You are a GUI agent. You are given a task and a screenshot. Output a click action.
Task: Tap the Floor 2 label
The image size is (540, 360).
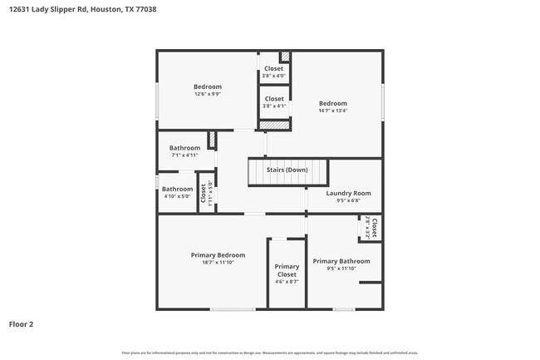pyautogui.click(x=21, y=324)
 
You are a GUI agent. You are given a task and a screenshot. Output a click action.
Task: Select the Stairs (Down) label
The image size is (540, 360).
pyautogui.click(x=287, y=170)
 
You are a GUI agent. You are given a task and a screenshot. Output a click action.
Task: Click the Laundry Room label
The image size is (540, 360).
pyautogui.click(x=348, y=193)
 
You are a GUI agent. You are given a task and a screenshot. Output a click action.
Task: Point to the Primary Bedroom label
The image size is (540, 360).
pyautogui.click(x=218, y=255)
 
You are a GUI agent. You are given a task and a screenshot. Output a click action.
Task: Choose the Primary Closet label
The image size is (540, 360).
pyautogui.click(x=287, y=270)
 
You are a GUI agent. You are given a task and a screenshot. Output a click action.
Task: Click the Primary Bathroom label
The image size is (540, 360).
pyautogui.click(x=341, y=261)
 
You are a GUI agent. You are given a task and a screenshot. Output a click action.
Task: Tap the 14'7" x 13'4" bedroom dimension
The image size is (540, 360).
pyautogui.click(x=333, y=111)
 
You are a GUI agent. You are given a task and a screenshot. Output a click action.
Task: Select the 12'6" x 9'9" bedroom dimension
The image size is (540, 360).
pyautogui.click(x=208, y=94)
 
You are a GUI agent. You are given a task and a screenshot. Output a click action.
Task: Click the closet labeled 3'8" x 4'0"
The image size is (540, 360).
pyautogui.click(x=273, y=72)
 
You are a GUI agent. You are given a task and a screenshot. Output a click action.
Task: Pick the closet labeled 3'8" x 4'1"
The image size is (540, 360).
pyautogui.click(x=273, y=102)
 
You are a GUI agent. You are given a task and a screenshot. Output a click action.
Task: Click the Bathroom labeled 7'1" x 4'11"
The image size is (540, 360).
pyautogui.click(x=185, y=151)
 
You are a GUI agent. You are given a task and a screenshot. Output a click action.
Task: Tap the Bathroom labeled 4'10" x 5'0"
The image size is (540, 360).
pyautogui.click(x=177, y=192)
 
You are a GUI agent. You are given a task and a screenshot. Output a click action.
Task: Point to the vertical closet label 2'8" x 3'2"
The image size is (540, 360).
pyautogui.click(x=371, y=228)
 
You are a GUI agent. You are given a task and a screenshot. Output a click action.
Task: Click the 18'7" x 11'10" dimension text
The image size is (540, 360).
pyautogui.click(x=218, y=263)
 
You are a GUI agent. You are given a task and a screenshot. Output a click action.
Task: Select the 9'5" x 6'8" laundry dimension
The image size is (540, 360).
pyautogui.click(x=348, y=200)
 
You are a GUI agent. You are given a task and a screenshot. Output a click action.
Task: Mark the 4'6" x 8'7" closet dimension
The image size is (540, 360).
pyautogui.click(x=287, y=282)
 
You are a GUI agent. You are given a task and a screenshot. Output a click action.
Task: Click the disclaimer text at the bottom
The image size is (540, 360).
pyautogui.click(x=270, y=353)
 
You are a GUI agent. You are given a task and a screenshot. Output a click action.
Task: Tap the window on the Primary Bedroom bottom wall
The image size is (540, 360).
pyautogui.click(x=232, y=309)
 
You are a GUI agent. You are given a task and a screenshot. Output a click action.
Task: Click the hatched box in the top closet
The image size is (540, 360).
pyautogui.click(x=285, y=57)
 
